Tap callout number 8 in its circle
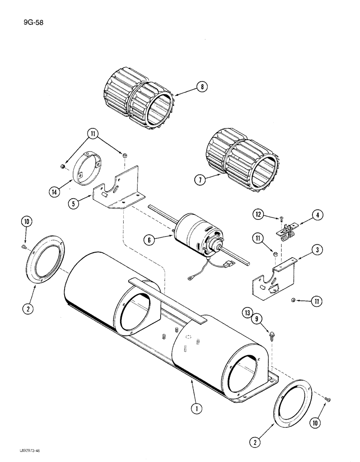pos(201,87)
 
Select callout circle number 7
pos(199,181)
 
